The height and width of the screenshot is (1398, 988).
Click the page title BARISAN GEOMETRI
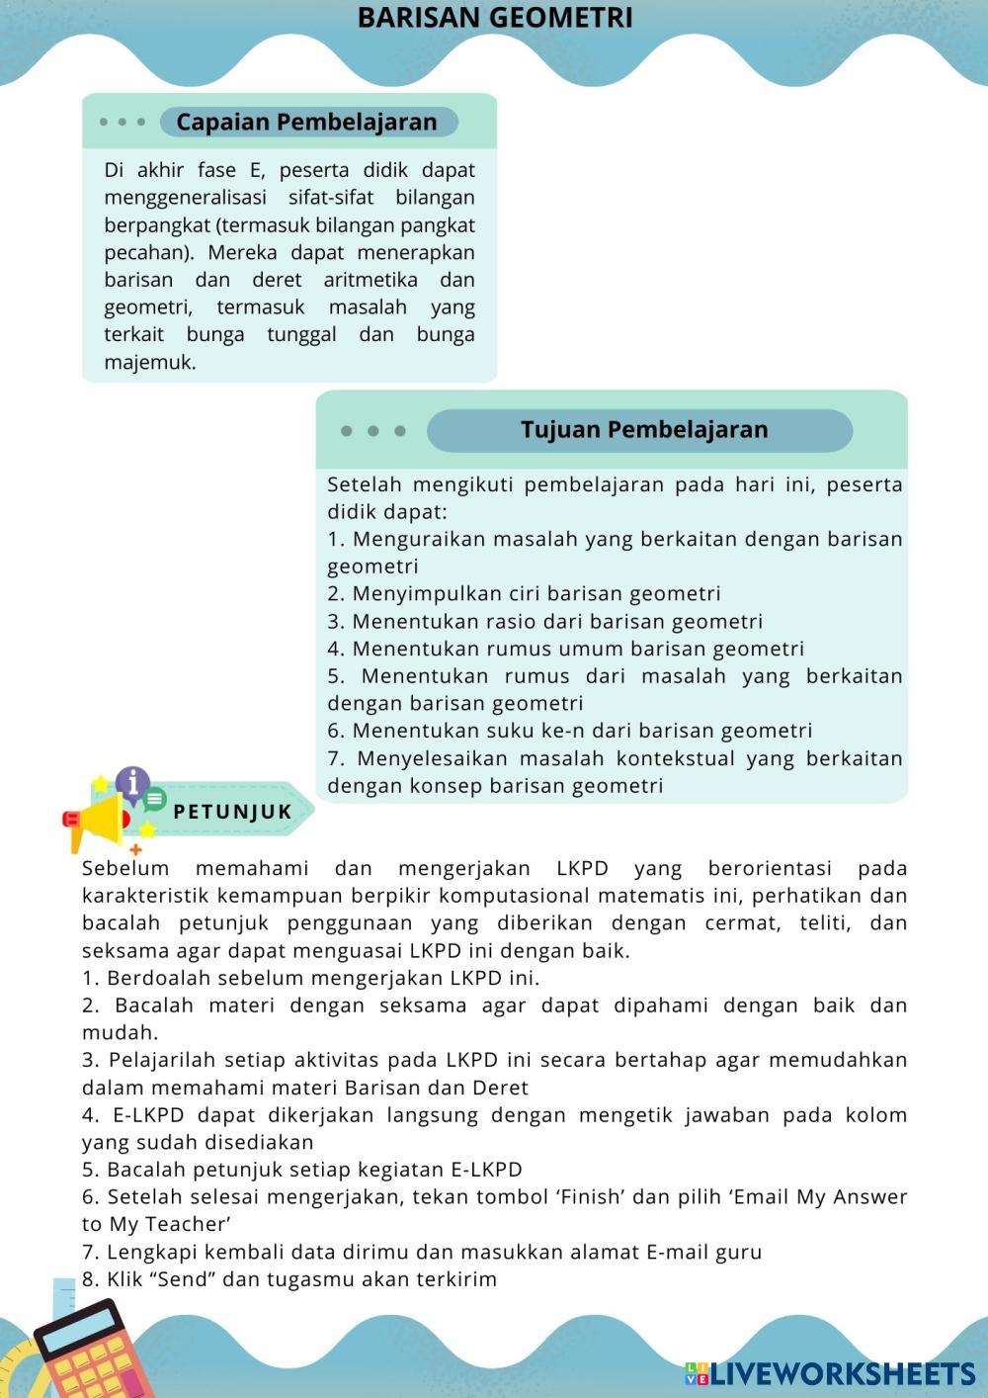[494, 18]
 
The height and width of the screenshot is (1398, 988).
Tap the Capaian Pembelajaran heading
[306, 122]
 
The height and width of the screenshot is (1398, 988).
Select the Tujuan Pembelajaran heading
[643, 430]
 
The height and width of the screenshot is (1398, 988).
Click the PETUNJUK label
[232, 812]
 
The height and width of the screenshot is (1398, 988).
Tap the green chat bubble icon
[155, 799]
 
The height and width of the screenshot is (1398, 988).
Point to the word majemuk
[150, 363]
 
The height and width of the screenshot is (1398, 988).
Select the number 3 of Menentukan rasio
[334, 622]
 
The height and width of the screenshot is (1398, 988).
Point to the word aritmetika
[370, 280]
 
